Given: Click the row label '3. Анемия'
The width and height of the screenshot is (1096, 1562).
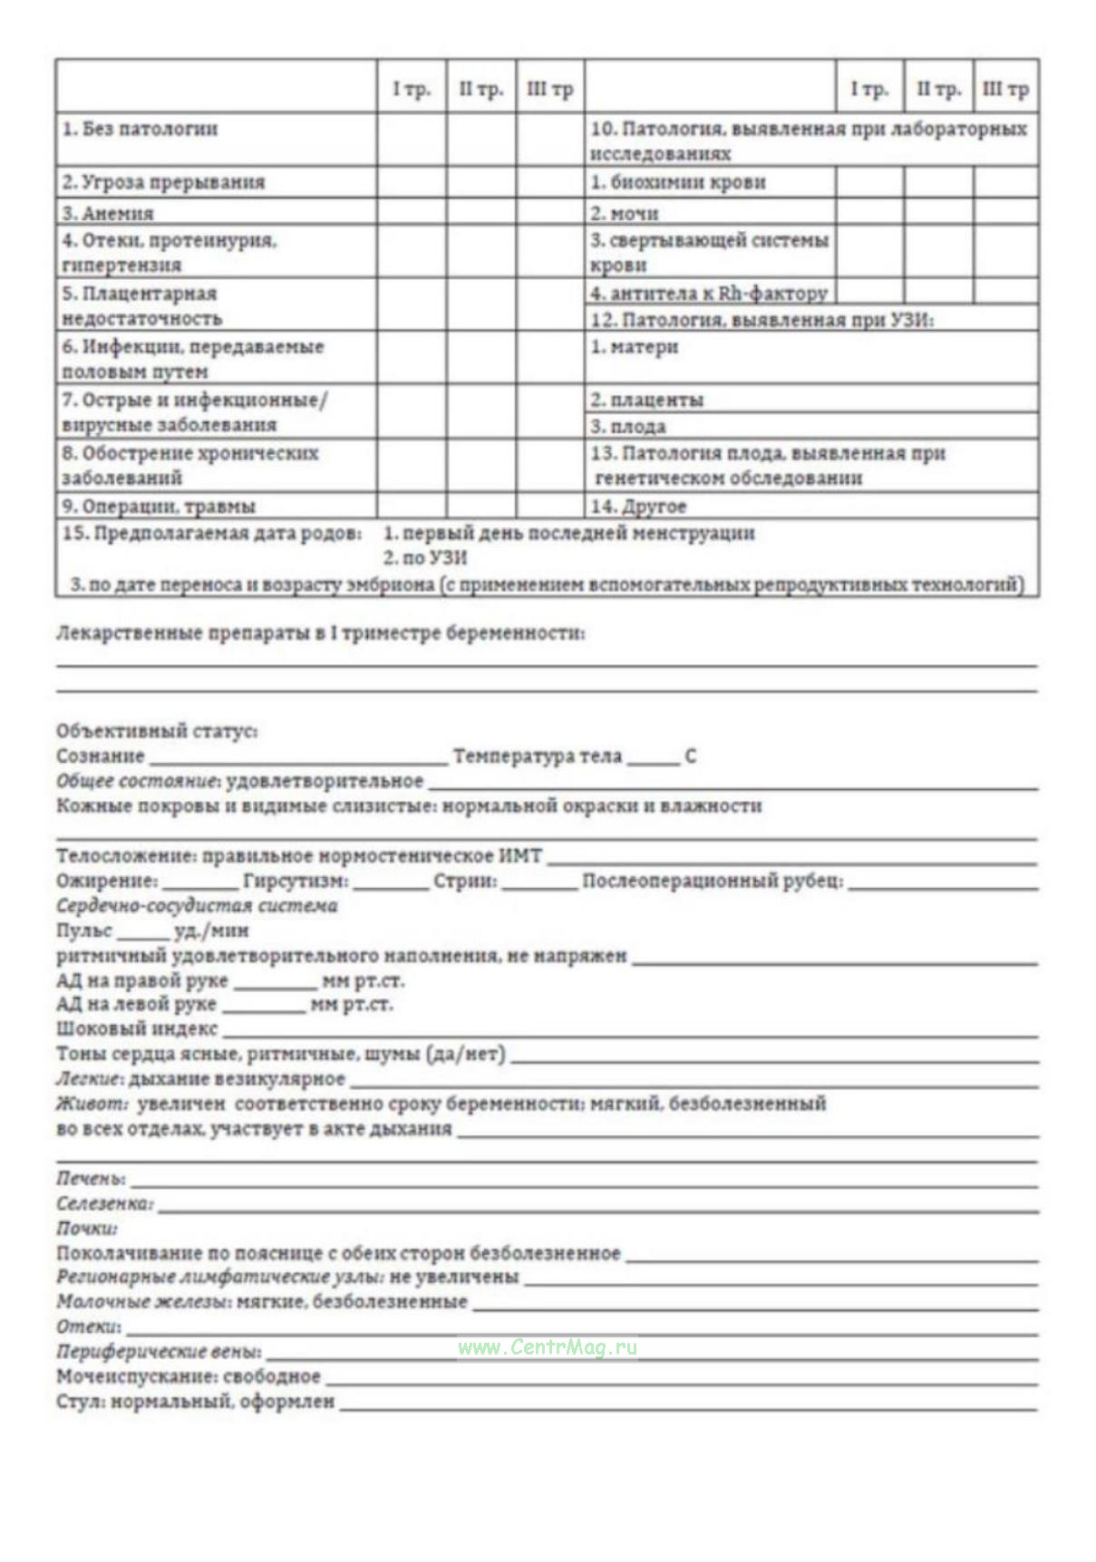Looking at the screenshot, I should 108,214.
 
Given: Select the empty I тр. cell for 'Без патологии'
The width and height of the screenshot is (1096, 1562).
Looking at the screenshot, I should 411,140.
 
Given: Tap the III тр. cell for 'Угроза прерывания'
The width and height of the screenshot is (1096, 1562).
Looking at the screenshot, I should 549,182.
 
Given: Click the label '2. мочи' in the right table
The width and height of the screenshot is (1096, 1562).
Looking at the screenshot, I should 625,214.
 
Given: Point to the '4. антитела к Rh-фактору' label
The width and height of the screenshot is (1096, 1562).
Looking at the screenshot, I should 709,293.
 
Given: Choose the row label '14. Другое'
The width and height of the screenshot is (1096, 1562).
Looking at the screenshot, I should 638,506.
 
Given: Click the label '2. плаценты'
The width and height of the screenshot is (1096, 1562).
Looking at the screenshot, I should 646,400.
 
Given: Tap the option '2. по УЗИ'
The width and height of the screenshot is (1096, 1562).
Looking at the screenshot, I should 425,558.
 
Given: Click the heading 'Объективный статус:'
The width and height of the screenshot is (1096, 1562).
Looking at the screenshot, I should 157,730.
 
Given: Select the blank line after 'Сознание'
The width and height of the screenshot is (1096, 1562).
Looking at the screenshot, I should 298,757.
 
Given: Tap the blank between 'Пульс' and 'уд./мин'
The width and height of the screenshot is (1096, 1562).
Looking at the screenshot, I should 142,932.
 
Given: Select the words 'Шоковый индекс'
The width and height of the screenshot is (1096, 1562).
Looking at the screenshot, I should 137,1028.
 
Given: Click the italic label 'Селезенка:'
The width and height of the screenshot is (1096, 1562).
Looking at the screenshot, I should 104,1203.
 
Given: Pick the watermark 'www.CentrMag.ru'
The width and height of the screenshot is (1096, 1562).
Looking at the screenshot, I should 547,1347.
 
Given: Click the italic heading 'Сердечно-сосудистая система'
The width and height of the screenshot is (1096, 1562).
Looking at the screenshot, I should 197,906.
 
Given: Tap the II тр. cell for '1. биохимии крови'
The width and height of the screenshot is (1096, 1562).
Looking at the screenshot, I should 938,182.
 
